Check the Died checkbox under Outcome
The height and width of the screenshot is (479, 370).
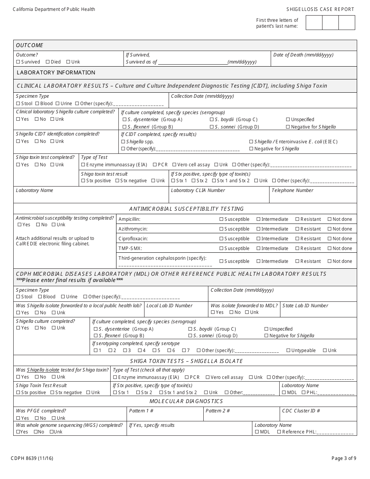(48, 62)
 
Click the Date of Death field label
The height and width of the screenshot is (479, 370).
(303, 55)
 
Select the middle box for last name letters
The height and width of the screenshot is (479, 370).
(330, 23)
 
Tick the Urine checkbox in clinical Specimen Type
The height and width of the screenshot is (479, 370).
(58, 104)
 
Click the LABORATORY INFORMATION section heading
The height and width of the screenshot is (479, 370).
(56, 72)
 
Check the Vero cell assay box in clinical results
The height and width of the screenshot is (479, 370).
(174, 165)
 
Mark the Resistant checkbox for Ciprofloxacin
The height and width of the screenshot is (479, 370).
(298, 239)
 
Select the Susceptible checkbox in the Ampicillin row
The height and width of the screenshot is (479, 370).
(222, 219)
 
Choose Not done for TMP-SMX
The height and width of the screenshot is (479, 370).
(329, 248)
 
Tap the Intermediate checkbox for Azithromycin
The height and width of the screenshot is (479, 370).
(259, 229)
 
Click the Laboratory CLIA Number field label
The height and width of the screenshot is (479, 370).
(197, 190)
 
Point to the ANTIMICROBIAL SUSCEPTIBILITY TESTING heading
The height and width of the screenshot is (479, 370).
(186, 209)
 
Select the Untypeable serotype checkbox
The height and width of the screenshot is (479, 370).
(289, 350)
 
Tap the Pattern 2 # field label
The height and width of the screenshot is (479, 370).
(217, 411)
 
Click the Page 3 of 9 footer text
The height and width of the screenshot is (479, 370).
(344, 458)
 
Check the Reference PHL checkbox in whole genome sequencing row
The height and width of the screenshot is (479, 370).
(279, 432)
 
